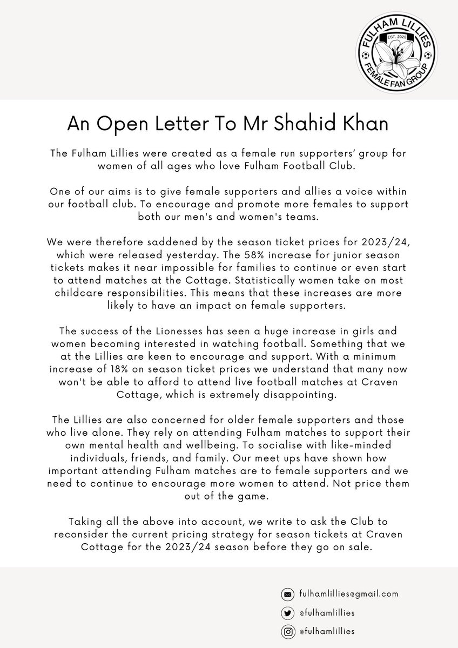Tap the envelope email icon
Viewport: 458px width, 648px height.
(287, 594)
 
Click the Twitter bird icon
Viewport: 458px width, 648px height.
(287, 612)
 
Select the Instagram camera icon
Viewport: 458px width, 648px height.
(287, 631)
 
